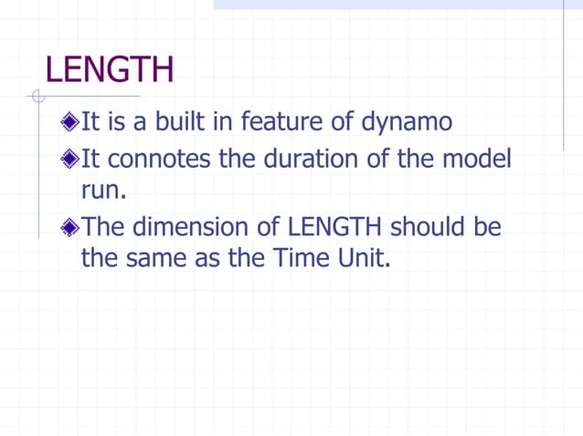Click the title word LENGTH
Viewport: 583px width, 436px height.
(x=109, y=70)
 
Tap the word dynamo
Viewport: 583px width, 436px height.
(x=407, y=121)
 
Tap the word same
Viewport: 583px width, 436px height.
(x=170, y=258)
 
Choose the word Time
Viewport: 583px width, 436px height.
(x=296, y=258)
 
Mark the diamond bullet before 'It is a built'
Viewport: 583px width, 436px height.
(x=71, y=122)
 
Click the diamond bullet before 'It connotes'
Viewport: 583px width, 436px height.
(x=71, y=161)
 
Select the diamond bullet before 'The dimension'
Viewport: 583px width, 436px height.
(x=71, y=227)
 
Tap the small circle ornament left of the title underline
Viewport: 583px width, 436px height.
(x=37, y=97)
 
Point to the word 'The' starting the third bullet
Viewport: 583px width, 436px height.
(x=102, y=226)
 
